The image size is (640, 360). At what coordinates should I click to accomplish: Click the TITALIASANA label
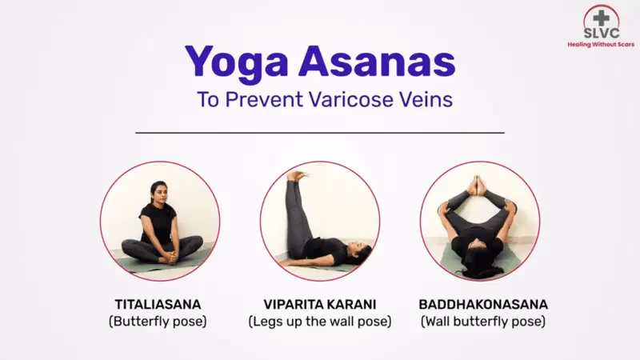(x=158, y=305)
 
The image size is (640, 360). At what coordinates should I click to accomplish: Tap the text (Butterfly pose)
(x=158, y=322)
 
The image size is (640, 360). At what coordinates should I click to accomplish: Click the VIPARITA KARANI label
(x=319, y=305)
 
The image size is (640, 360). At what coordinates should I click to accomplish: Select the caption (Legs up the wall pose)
(x=319, y=322)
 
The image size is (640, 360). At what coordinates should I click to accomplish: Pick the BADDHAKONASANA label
(x=482, y=305)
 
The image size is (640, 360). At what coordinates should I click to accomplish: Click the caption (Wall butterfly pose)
(x=482, y=322)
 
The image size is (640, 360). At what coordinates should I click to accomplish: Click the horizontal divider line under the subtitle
(x=320, y=132)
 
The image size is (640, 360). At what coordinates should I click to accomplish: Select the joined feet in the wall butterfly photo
(x=478, y=186)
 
